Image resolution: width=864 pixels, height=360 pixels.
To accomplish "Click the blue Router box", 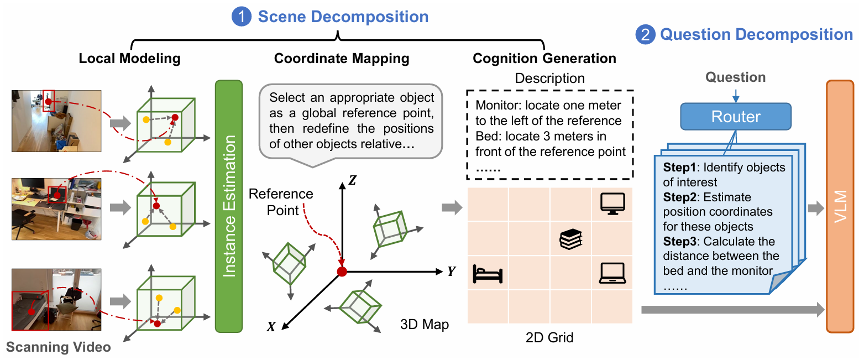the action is pyautogui.click(x=736, y=117).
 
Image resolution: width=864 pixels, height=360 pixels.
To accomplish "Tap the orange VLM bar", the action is pyautogui.click(x=840, y=206).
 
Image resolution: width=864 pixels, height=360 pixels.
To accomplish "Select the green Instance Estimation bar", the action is pyautogui.click(x=229, y=206).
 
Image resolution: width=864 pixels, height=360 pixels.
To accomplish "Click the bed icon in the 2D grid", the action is pyautogui.click(x=488, y=274).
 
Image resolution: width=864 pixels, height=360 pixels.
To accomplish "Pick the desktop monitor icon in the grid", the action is pyautogui.click(x=612, y=204).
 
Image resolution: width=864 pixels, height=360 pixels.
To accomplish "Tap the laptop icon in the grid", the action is pyautogui.click(x=612, y=273).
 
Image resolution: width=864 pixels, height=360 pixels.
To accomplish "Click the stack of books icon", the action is pyautogui.click(x=571, y=239).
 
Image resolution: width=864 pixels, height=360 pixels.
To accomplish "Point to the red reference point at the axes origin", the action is pyautogui.click(x=342, y=272).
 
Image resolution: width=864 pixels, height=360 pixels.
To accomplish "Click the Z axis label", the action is pyautogui.click(x=353, y=180).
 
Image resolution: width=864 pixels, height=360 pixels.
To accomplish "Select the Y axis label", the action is pyautogui.click(x=452, y=272).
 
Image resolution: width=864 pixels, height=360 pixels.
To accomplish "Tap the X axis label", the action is pyautogui.click(x=271, y=327).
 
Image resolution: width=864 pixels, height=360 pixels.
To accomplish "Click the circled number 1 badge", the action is pyautogui.click(x=242, y=17).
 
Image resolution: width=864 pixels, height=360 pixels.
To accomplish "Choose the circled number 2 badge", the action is pyautogui.click(x=645, y=34).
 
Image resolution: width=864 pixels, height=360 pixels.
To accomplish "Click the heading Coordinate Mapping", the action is pyautogui.click(x=342, y=58).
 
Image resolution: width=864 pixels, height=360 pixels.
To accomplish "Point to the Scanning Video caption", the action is pyautogui.click(x=58, y=347).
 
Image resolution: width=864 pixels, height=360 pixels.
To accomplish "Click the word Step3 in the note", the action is pyautogui.click(x=679, y=241).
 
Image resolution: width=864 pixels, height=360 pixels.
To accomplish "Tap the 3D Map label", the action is pyautogui.click(x=425, y=325).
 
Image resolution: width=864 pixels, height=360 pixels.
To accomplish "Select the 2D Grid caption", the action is pyautogui.click(x=549, y=338).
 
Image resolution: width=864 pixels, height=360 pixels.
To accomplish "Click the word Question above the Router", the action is pyautogui.click(x=736, y=77).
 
